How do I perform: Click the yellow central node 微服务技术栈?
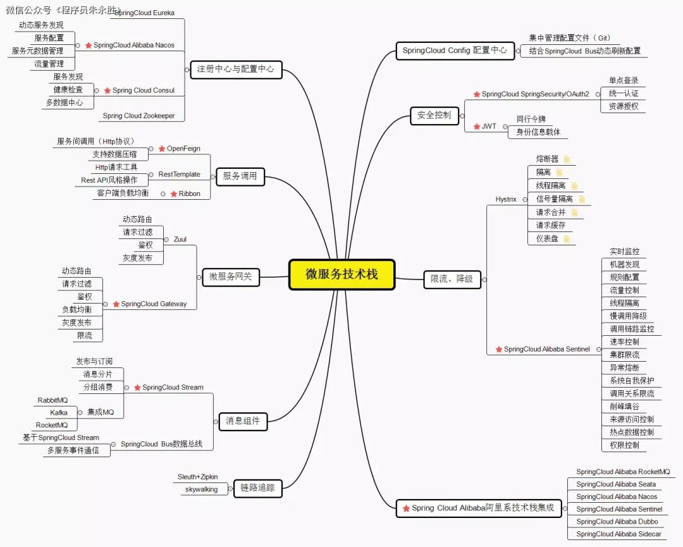(342, 274)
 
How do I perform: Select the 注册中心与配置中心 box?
(236, 70)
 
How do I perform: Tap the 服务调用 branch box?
(240, 176)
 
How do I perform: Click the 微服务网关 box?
(231, 277)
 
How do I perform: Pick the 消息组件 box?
(243, 421)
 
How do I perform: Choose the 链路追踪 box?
(257, 488)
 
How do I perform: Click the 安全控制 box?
(434, 116)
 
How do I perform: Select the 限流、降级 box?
(452, 279)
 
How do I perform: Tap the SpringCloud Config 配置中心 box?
(455, 51)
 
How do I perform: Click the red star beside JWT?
(477, 126)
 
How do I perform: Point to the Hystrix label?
(506, 199)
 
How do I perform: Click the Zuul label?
(180, 239)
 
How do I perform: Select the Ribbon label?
(190, 194)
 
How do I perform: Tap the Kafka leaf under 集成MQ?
(59, 412)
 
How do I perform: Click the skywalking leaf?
(201, 489)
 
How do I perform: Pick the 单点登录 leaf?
(624, 80)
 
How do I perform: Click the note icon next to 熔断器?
(567, 159)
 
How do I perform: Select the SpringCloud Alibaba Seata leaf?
(616, 484)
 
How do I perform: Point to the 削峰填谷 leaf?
(624, 407)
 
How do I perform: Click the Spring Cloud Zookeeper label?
(138, 116)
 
